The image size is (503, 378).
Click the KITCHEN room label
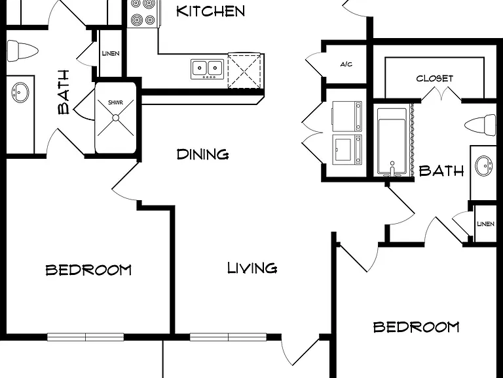pos(210,11)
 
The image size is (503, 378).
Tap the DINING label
pos(203,154)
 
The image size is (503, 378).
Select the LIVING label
pos(252,268)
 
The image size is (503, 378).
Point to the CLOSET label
pos(435,79)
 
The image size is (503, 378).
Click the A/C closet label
pos(346,64)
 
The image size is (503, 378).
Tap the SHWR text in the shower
pos(115,102)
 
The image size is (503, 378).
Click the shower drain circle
pos(116,118)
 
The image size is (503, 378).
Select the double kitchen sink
pos(207,69)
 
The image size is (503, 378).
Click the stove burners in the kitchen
pos(143,14)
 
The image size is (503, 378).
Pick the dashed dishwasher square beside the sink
pos(244,71)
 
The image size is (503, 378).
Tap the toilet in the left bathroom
pos(22,51)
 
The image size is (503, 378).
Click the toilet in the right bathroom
pos(481,125)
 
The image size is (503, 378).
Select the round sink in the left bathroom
pos(20,93)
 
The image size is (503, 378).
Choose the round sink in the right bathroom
pos(483,165)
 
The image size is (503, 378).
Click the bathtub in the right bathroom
pos(392,142)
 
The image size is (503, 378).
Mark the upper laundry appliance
pos(347,116)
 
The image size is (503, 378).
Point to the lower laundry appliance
pos(347,150)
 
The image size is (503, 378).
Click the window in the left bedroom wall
pos(86,337)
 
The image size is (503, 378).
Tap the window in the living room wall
pos(228,337)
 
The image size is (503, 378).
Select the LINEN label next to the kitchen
pos(111,53)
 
